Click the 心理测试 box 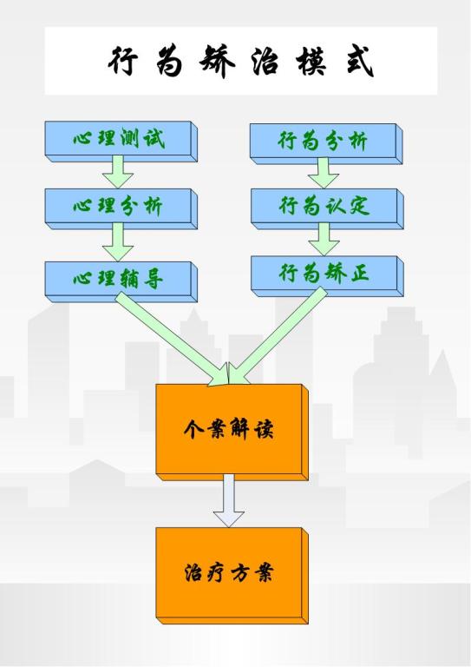[121, 142]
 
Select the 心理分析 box [121, 208]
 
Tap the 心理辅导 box [121, 281]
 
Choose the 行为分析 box [326, 144]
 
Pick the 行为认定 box [327, 208]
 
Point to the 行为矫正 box [327, 276]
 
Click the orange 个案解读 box [232, 433]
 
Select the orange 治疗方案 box [232, 576]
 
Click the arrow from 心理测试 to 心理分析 [118, 172]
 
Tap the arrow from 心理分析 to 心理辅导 [118, 242]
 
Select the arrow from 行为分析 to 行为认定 [324, 173]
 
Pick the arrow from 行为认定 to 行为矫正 [324, 240]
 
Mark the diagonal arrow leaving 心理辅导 [172, 340]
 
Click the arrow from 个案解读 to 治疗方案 [229, 500]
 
